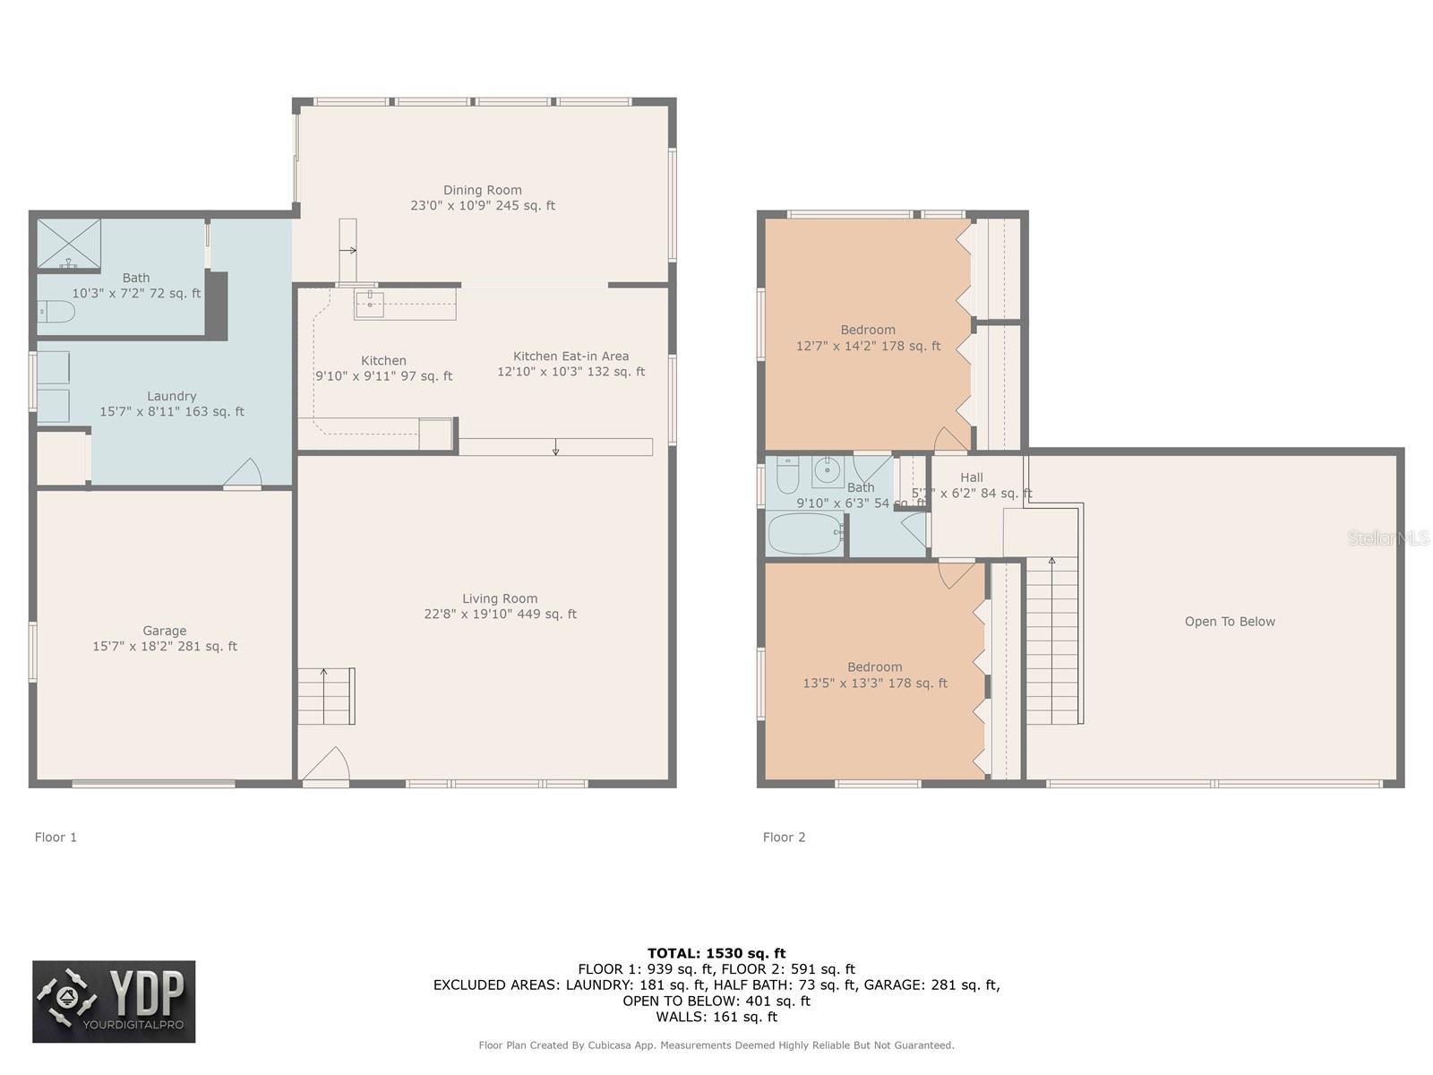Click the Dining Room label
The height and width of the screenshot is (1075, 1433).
(x=482, y=190)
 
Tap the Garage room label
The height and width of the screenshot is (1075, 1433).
(x=165, y=631)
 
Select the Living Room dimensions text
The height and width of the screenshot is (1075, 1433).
(x=500, y=615)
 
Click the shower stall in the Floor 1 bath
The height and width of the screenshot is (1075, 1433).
(x=68, y=244)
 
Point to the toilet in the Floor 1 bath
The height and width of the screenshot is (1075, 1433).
(x=56, y=312)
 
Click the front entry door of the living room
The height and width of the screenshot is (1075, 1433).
(x=326, y=769)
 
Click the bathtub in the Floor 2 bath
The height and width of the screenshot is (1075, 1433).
(x=804, y=533)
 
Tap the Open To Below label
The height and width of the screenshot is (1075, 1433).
(x=1229, y=622)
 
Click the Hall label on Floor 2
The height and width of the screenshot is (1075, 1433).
(x=971, y=477)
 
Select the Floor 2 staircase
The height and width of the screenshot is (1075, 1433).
(x=1052, y=640)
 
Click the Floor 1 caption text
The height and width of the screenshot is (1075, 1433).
(x=56, y=838)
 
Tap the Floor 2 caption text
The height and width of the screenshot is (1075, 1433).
(x=784, y=838)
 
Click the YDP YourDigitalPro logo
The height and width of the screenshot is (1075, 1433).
(x=114, y=1002)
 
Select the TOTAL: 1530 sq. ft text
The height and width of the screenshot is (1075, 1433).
(x=716, y=953)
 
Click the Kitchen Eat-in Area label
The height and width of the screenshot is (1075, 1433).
(x=571, y=357)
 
